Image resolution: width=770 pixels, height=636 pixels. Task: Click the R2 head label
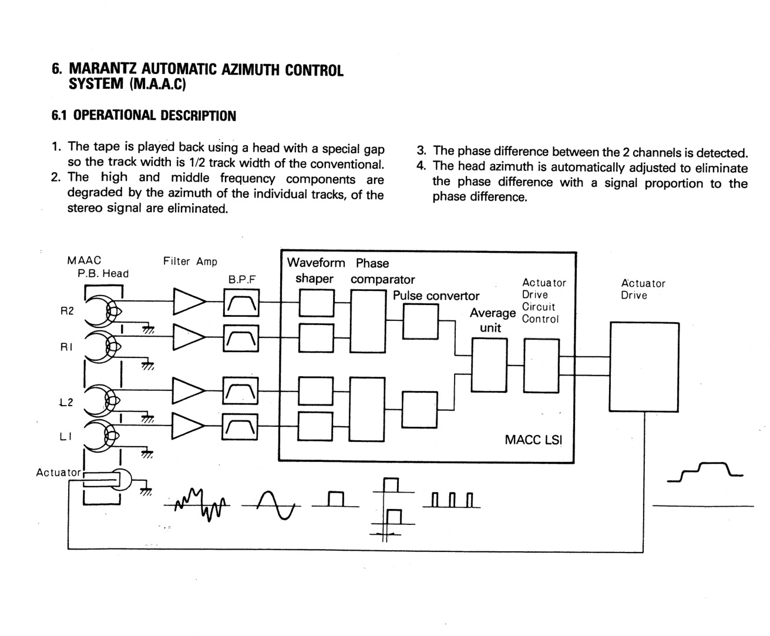(x=67, y=311)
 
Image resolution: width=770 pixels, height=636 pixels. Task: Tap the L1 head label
(x=66, y=436)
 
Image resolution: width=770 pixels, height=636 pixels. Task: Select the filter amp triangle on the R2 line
(x=189, y=303)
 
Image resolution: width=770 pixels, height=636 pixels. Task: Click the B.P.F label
(x=241, y=280)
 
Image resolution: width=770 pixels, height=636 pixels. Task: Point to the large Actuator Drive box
(x=644, y=367)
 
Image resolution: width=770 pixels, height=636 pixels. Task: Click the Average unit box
(x=489, y=365)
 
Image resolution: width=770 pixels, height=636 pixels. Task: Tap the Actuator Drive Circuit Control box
(x=541, y=365)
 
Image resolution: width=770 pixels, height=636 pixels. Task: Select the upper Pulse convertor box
(x=420, y=322)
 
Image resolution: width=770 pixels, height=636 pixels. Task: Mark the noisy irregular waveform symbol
(x=200, y=503)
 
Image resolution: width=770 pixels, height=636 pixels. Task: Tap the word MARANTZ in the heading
(x=102, y=70)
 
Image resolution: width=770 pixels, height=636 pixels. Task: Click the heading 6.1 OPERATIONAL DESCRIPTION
(x=144, y=116)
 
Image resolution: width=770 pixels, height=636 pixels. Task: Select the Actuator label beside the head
(x=58, y=472)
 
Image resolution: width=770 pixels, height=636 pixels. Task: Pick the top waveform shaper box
(x=317, y=303)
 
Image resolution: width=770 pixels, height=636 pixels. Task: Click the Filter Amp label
(x=190, y=262)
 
